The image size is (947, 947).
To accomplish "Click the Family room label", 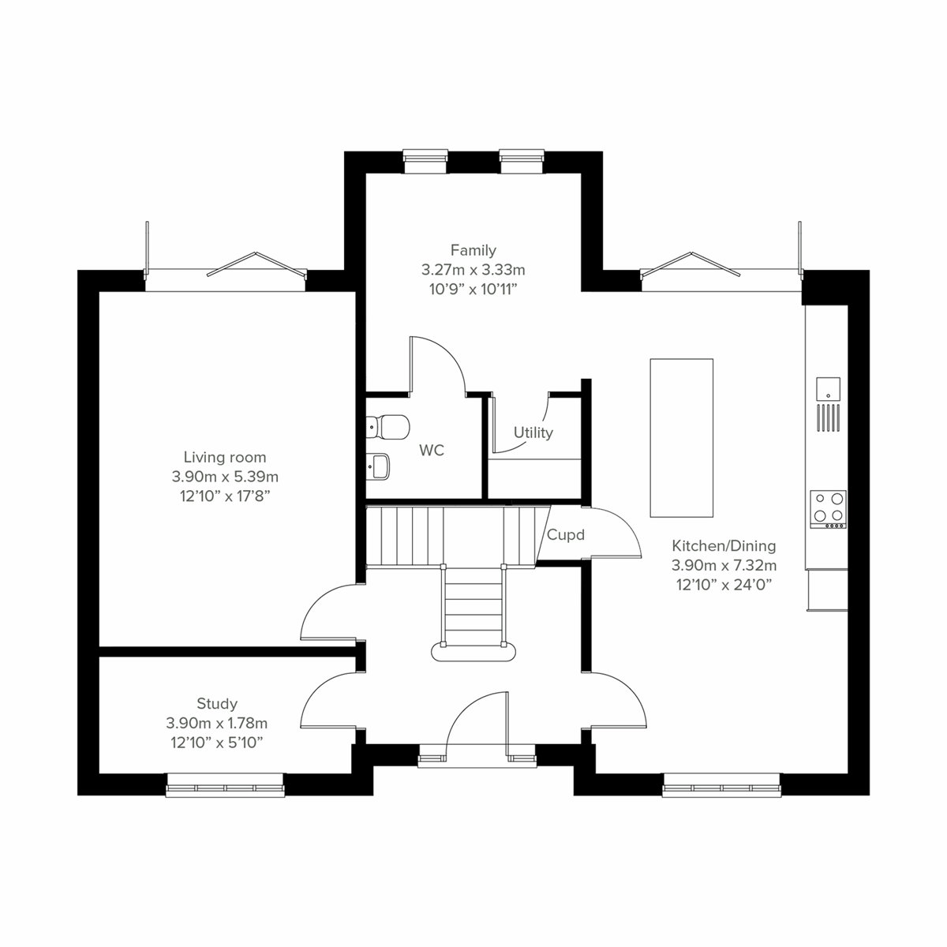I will pos(473,250).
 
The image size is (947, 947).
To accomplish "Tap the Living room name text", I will pos(225,457).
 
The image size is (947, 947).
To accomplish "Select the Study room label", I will pos(217,703).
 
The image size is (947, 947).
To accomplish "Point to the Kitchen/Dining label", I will pos(724,545).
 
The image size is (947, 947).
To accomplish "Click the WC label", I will pos(432,451).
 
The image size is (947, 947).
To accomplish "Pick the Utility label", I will pos(533,432).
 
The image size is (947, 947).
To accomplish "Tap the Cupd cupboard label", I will pos(566,535).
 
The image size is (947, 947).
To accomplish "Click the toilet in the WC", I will pos(389,427).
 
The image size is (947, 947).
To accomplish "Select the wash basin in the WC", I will pos(380,466).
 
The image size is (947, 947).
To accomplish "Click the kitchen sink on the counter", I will pos(828,388).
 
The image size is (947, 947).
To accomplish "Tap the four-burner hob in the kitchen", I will pos(829,509).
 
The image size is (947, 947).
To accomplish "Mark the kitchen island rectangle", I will pos(681,437).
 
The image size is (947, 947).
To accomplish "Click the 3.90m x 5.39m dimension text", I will pos(225,477).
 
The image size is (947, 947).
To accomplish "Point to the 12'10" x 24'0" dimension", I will pos(724,585).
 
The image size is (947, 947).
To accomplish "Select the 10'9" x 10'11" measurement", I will pos(473,288).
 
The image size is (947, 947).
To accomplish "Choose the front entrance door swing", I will pos(473,722).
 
